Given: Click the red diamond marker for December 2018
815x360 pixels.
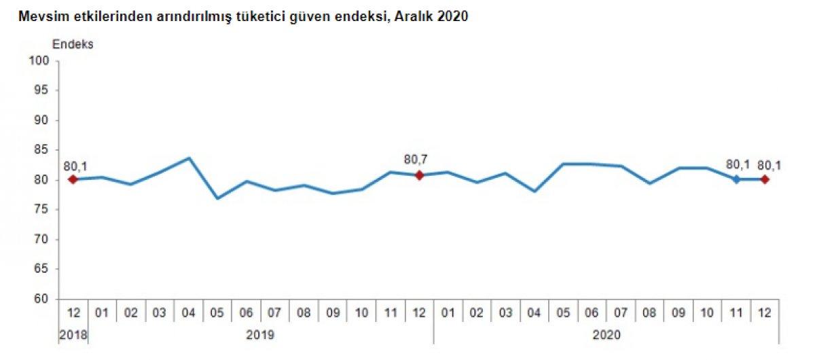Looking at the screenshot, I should [x=73, y=179].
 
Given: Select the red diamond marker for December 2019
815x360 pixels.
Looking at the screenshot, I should [x=419, y=175].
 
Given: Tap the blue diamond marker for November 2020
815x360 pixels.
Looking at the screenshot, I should [x=736, y=179].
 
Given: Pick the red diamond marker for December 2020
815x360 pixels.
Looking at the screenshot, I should [x=765, y=179].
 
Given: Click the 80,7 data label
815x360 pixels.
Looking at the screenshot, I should [x=416, y=160].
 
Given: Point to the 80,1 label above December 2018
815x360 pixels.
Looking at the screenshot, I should [x=75, y=165].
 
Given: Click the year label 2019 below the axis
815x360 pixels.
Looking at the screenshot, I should [x=261, y=335].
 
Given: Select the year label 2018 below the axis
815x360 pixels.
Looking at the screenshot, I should [x=73, y=335].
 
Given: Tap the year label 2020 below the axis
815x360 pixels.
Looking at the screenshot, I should [x=606, y=335].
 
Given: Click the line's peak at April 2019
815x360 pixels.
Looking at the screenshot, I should [x=189, y=158].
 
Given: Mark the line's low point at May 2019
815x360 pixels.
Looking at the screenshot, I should [x=217, y=198].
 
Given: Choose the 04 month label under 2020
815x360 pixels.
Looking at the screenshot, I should [x=535, y=314].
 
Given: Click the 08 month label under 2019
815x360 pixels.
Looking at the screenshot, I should [x=304, y=314].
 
